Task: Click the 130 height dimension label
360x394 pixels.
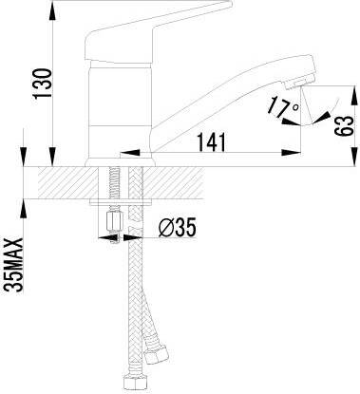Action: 42,84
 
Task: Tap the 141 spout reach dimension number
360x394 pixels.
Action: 212,141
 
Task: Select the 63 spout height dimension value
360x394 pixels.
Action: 343,126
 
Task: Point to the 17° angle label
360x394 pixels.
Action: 282,107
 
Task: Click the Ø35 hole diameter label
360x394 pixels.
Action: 177,227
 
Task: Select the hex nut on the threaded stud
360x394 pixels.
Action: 114,222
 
